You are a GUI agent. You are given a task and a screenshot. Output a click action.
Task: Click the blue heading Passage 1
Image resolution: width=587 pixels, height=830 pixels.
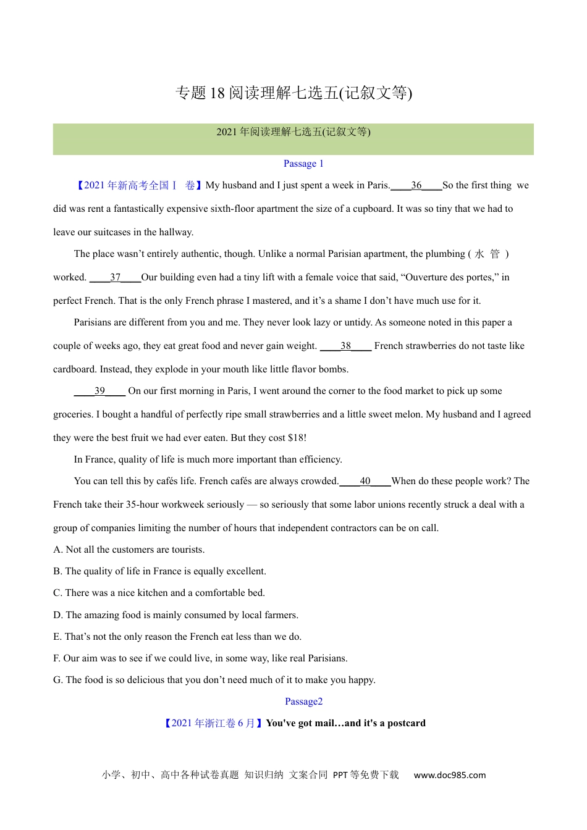point(303,164)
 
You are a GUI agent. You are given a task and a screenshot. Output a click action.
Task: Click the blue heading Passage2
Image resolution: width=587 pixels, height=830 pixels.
point(303,702)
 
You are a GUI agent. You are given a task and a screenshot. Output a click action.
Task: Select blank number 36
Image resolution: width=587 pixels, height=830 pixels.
point(416,185)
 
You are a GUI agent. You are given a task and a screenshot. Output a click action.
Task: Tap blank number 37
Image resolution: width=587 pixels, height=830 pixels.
point(116,277)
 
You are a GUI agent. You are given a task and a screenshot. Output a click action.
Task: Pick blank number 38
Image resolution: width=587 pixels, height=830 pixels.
point(346,346)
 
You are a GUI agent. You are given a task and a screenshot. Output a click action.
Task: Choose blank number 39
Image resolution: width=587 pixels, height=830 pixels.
point(100,391)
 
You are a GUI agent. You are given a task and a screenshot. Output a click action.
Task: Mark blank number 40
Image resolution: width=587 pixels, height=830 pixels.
point(365,481)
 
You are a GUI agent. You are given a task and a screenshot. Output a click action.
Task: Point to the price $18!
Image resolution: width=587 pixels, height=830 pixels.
point(297,438)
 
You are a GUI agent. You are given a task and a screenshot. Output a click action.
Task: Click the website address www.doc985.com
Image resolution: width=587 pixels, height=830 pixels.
point(450,775)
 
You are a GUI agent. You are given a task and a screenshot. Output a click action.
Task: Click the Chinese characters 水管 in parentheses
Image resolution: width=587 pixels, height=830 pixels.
point(487,254)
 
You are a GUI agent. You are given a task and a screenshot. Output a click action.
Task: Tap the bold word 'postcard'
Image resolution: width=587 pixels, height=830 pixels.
point(406,723)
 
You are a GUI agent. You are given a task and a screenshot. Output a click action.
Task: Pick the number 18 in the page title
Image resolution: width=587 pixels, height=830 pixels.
point(217,93)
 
